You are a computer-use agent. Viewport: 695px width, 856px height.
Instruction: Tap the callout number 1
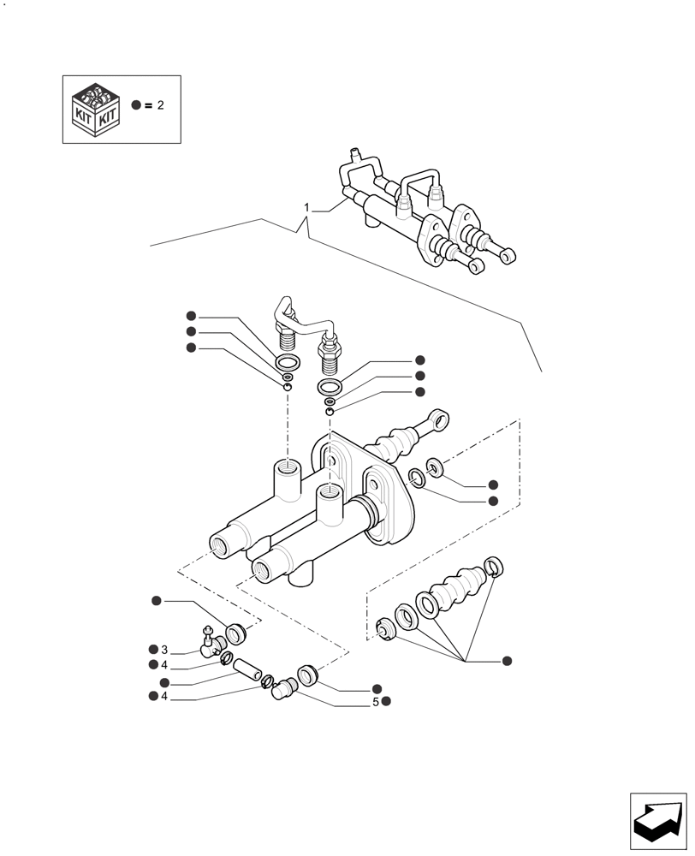point(306,208)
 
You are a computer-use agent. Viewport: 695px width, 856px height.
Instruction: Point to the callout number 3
point(164,650)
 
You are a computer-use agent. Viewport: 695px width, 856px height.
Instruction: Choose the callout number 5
point(375,702)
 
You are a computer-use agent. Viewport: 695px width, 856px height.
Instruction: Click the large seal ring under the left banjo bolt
point(288,360)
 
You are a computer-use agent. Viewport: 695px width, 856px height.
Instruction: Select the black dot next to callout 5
point(387,702)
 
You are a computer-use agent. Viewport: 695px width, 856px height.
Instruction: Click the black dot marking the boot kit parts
point(507,661)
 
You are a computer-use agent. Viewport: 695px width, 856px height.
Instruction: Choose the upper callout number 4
point(164,665)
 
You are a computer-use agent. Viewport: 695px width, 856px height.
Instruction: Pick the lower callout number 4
point(164,697)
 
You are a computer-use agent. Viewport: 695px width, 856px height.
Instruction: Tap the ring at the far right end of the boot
point(494,565)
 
